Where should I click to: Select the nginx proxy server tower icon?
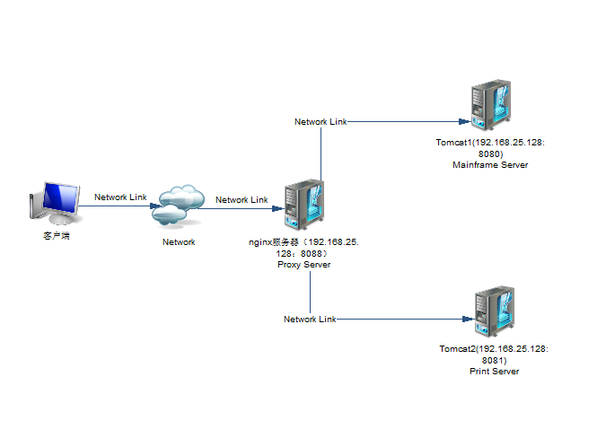coord(303,207)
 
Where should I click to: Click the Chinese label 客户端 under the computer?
coord(57,236)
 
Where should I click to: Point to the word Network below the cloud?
coord(178,241)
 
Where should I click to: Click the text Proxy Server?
coord(303,265)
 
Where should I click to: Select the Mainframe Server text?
coord(490,165)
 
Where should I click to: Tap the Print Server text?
coord(494,371)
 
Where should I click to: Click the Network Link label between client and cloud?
coord(120,197)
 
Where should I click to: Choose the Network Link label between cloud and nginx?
coord(242,199)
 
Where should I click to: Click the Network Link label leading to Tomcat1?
coord(321,121)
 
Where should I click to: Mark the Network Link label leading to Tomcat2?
coord(310,319)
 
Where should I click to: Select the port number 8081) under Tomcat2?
coord(494,359)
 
